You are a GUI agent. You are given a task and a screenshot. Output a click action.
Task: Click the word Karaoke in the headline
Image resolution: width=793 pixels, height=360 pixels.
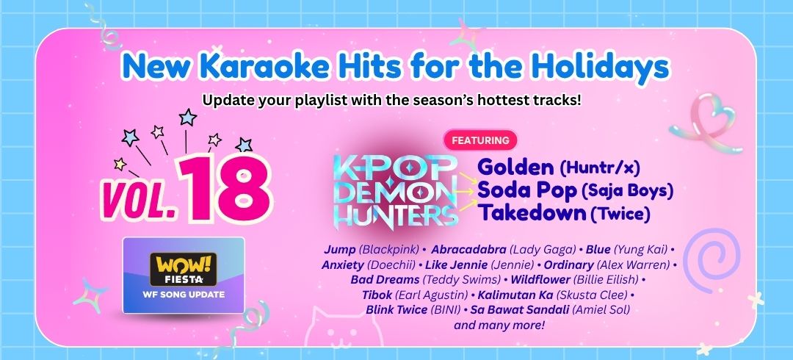click(x=251, y=66)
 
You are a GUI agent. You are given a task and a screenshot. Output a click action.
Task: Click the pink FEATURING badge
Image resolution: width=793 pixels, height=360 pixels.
click(x=480, y=140)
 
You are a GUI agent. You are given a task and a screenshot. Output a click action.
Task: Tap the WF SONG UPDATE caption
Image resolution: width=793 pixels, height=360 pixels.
click(x=184, y=294)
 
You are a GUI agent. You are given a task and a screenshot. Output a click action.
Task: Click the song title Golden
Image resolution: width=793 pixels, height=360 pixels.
click(x=515, y=167)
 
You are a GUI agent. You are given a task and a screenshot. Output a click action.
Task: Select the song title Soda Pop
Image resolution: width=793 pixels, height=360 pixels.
click(x=527, y=190)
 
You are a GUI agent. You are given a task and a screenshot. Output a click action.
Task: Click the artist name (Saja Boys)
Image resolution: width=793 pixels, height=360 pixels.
click(x=628, y=192)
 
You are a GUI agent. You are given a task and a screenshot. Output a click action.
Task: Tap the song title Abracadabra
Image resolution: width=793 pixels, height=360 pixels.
click(x=468, y=250)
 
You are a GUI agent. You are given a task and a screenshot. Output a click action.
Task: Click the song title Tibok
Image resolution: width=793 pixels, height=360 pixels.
click(x=376, y=295)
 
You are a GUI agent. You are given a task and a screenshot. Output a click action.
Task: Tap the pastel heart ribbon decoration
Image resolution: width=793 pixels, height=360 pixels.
click(x=707, y=123)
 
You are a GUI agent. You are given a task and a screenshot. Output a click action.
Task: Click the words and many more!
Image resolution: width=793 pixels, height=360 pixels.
click(x=499, y=325)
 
